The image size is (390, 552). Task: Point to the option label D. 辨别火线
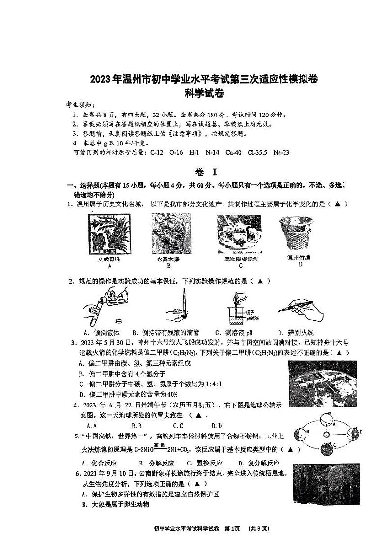(295, 332)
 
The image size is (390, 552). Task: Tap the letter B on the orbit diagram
(307, 432)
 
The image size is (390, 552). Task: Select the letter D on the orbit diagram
(361, 432)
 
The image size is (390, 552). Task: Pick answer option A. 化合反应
(99, 463)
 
